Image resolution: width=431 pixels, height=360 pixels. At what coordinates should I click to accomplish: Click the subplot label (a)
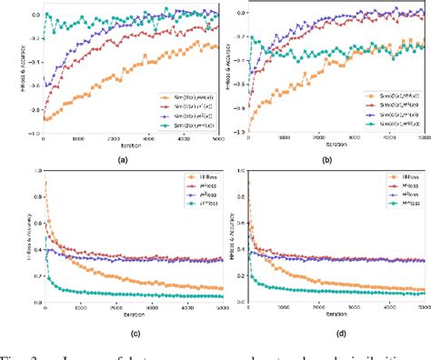(x=124, y=158)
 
